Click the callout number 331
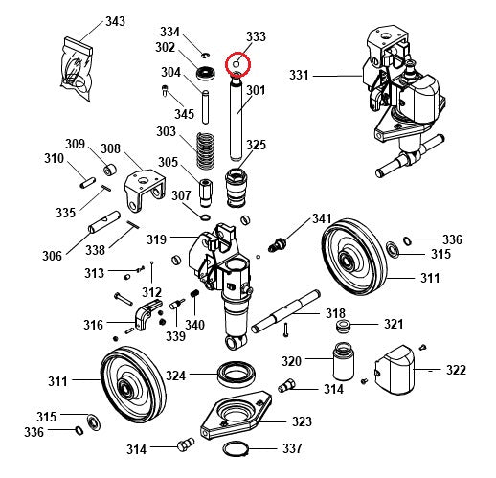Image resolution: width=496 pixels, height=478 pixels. point(301,76)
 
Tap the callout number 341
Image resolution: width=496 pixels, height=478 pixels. point(321,218)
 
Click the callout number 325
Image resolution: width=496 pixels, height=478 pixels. point(256,145)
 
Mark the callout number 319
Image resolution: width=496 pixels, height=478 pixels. point(156,239)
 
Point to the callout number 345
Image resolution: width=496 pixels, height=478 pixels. point(185,114)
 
